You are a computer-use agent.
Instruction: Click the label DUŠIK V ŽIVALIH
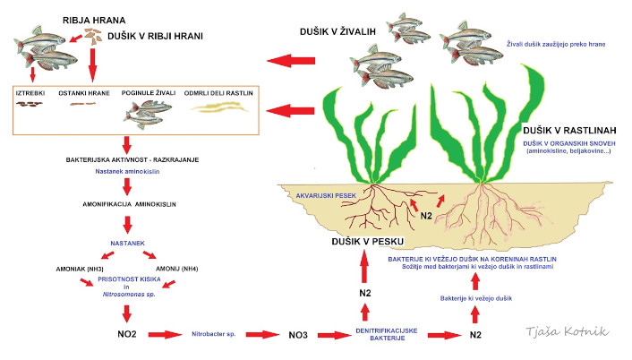point(338,32)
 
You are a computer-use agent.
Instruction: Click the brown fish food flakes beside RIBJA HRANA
point(92,37)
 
